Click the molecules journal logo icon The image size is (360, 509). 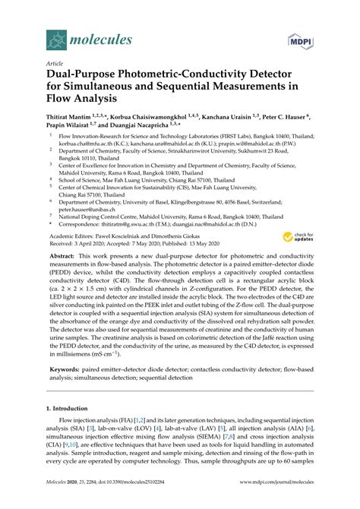click(55, 37)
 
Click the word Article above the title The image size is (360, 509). click(55, 65)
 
